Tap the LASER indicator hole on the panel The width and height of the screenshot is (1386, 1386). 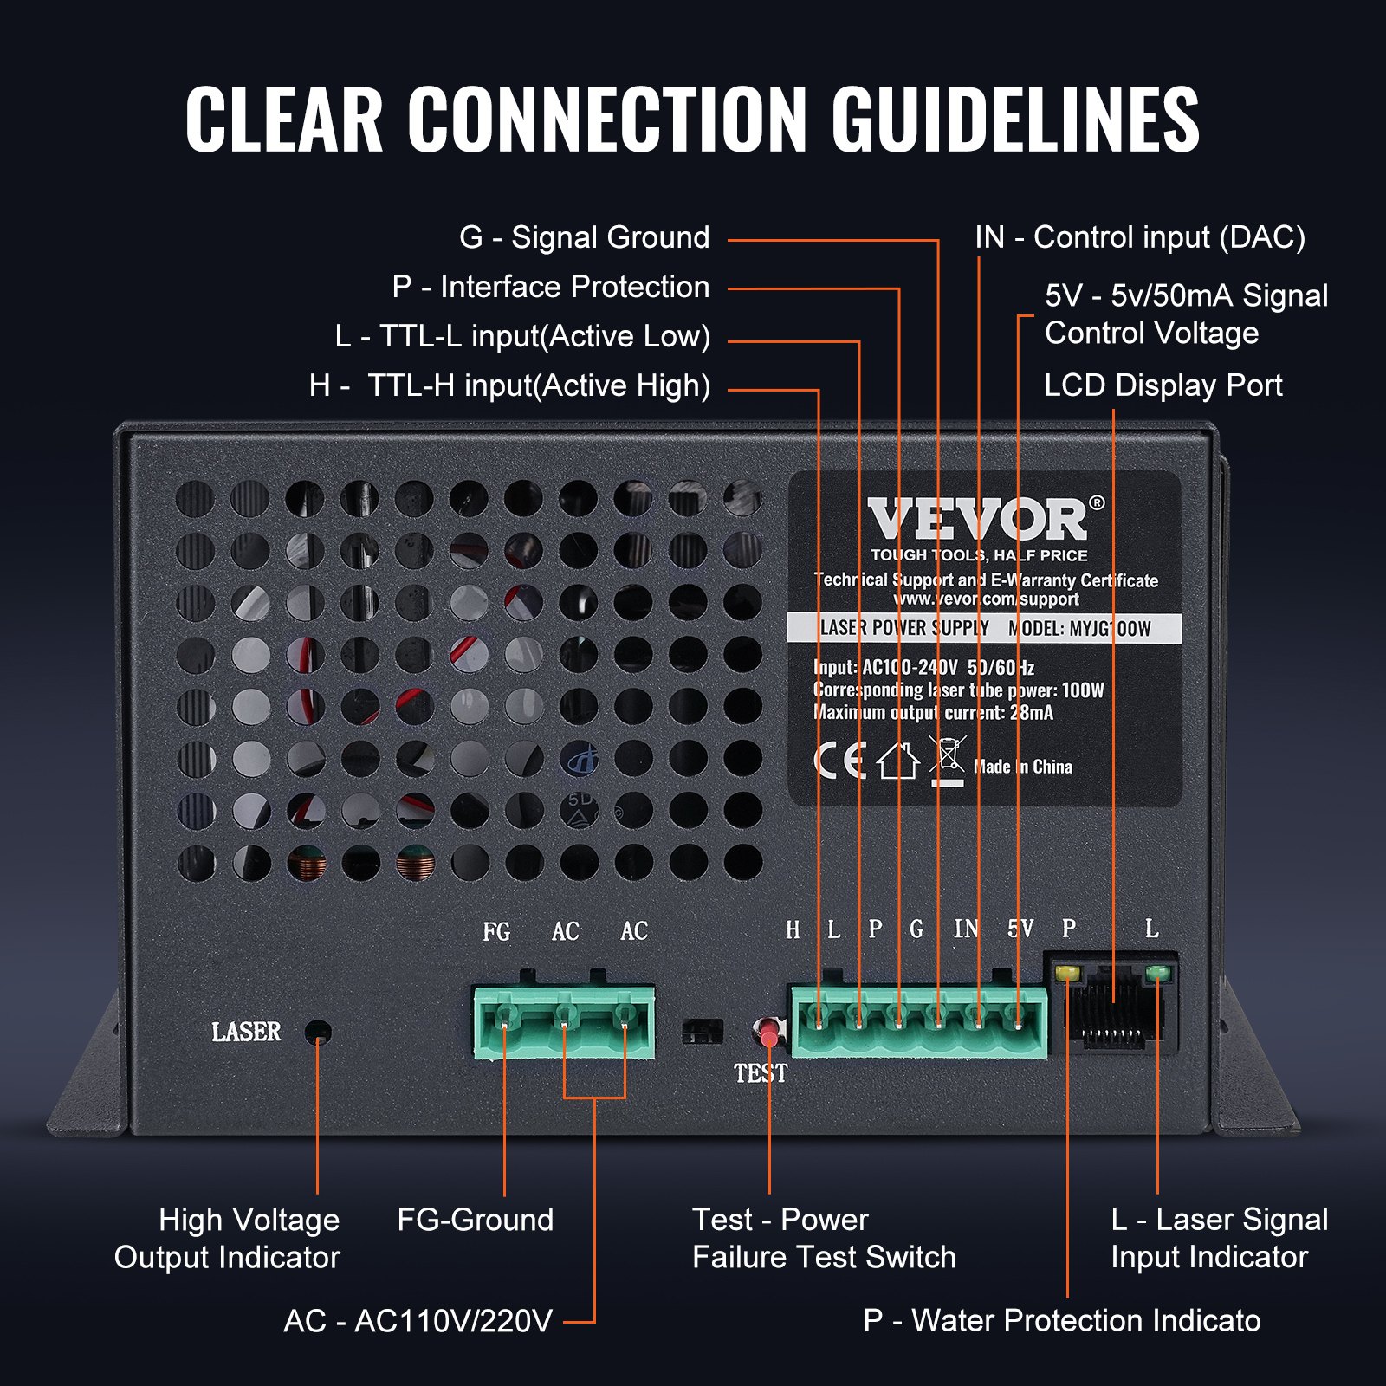tap(319, 1032)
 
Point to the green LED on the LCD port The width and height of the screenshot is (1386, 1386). tap(1156, 974)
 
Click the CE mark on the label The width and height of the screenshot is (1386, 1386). tap(839, 761)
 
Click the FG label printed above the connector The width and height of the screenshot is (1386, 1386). tap(496, 932)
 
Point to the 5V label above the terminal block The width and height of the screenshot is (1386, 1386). tap(1020, 929)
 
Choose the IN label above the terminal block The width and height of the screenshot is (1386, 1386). tap(966, 929)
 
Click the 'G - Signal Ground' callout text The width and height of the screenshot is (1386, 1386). tap(584, 237)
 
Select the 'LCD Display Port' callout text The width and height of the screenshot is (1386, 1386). tap(1163, 385)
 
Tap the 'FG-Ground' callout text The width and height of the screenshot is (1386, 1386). tap(475, 1220)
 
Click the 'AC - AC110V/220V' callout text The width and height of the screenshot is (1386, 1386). tap(418, 1321)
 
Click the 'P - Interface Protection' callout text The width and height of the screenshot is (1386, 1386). tap(550, 287)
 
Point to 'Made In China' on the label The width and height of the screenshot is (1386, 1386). tap(1022, 767)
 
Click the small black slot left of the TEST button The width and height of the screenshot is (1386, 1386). tap(702, 1031)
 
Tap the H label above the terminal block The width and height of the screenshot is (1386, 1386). tap(792, 930)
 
